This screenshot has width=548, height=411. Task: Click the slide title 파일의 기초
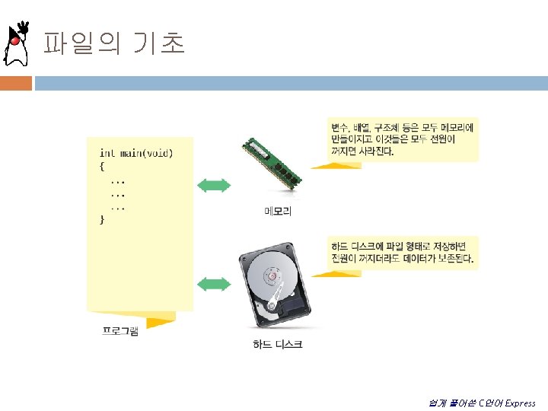click(x=113, y=43)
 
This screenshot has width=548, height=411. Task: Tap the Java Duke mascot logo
click(x=18, y=44)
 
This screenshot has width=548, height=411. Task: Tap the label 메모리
click(x=277, y=211)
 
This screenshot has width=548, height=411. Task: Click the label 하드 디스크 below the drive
click(x=277, y=345)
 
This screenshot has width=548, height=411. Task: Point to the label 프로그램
click(x=120, y=331)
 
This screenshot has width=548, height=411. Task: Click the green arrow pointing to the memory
click(x=214, y=185)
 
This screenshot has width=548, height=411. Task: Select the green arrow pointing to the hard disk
click(x=214, y=285)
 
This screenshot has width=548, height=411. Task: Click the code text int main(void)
click(x=136, y=153)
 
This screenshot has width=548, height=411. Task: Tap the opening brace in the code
click(x=102, y=166)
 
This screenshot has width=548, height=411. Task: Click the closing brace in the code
click(x=102, y=219)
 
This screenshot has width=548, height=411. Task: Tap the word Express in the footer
click(x=520, y=403)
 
